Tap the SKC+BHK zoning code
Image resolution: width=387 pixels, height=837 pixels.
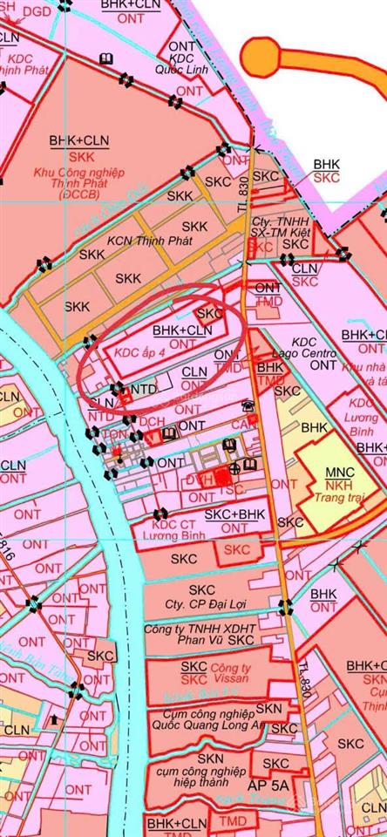point(234,515)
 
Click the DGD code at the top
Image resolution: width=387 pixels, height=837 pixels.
point(37,11)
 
